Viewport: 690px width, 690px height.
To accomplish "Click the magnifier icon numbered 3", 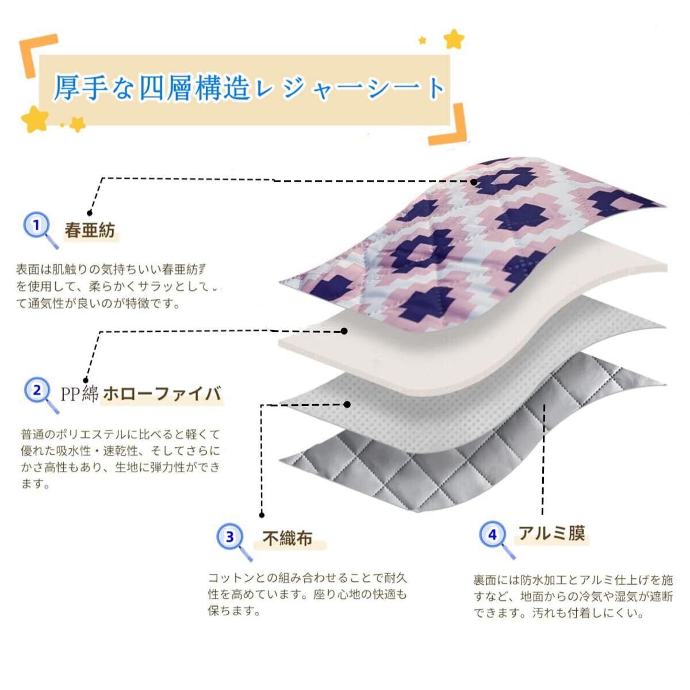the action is [x=232, y=539].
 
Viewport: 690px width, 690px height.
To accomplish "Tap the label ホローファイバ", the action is [x=162, y=394].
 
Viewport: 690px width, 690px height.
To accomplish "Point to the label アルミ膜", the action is [x=551, y=534].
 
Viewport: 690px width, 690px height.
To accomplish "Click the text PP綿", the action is [x=79, y=394].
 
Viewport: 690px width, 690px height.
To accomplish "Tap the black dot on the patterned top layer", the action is [x=474, y=182].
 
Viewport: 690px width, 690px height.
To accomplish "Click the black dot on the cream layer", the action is [x=344, y=331].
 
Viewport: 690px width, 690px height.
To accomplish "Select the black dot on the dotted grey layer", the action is [x=347, y=404].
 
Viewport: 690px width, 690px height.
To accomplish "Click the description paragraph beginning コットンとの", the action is [x=308, y=594].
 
